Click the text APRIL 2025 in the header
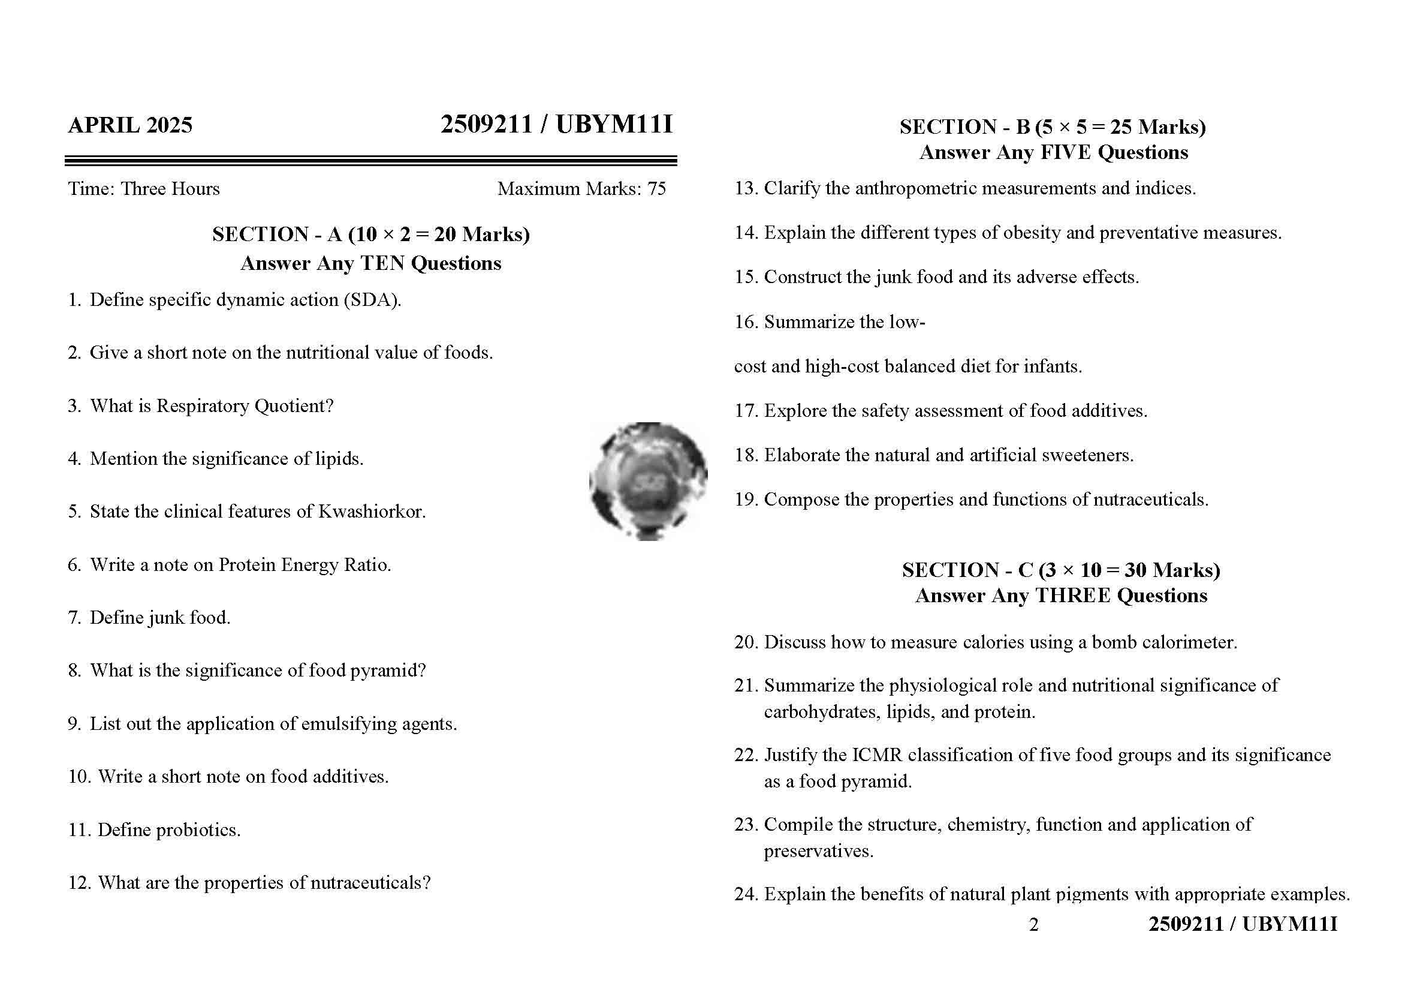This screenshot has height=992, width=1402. (x=130, y=125)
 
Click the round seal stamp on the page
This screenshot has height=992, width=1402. (x=648, y=481)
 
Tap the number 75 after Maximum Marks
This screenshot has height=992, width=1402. (x=656, y=189)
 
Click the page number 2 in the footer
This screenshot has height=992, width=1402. (x=1033, y=925)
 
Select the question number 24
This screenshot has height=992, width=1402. (x=746, y=894)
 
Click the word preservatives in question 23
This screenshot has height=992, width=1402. (x=818, y=851)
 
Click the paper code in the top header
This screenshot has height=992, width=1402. (x=556, y=125)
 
